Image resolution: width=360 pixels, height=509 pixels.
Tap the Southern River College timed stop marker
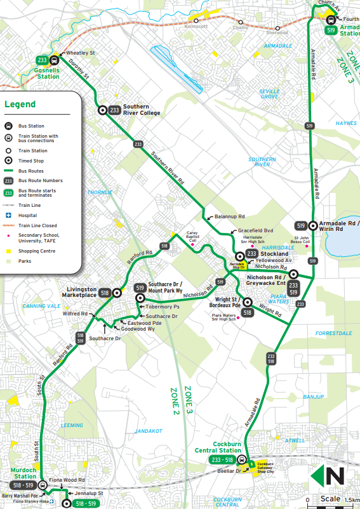click(102, 110)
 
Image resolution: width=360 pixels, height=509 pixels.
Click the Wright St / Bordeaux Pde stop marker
click(248, 303)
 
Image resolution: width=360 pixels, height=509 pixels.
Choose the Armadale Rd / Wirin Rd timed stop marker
click(314, 225)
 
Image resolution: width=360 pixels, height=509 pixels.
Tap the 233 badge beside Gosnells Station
click(43, 60)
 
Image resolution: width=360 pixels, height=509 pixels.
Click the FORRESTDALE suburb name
click(333, 333)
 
